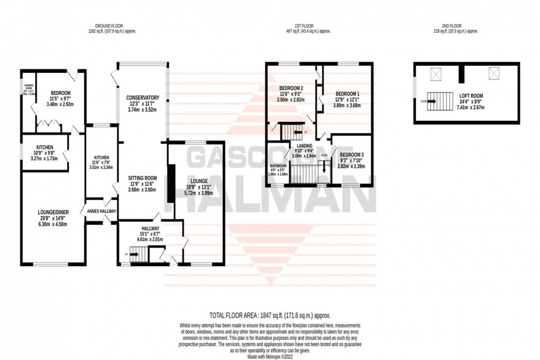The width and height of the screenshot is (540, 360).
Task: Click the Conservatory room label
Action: [x=142, y=98]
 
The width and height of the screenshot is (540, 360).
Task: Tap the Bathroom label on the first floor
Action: [x=278, y=165]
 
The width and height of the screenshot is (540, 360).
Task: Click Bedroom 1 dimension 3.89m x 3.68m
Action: [x=348, y=104]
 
